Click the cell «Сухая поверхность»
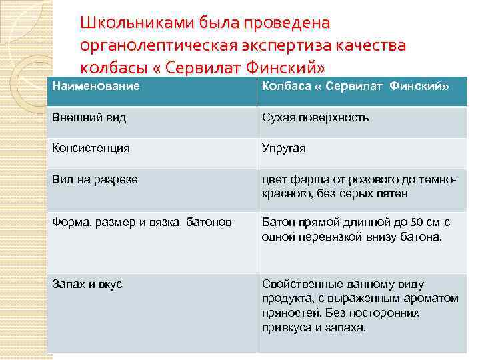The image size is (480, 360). coord(315,118)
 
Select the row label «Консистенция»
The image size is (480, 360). coord(91,148)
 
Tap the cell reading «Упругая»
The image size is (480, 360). coord(284,148)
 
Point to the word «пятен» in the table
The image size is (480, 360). coord(393,193)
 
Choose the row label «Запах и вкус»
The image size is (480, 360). coord(87,284)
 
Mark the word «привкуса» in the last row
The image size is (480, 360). coord(285,327)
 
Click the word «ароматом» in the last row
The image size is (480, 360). coord(433,298)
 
